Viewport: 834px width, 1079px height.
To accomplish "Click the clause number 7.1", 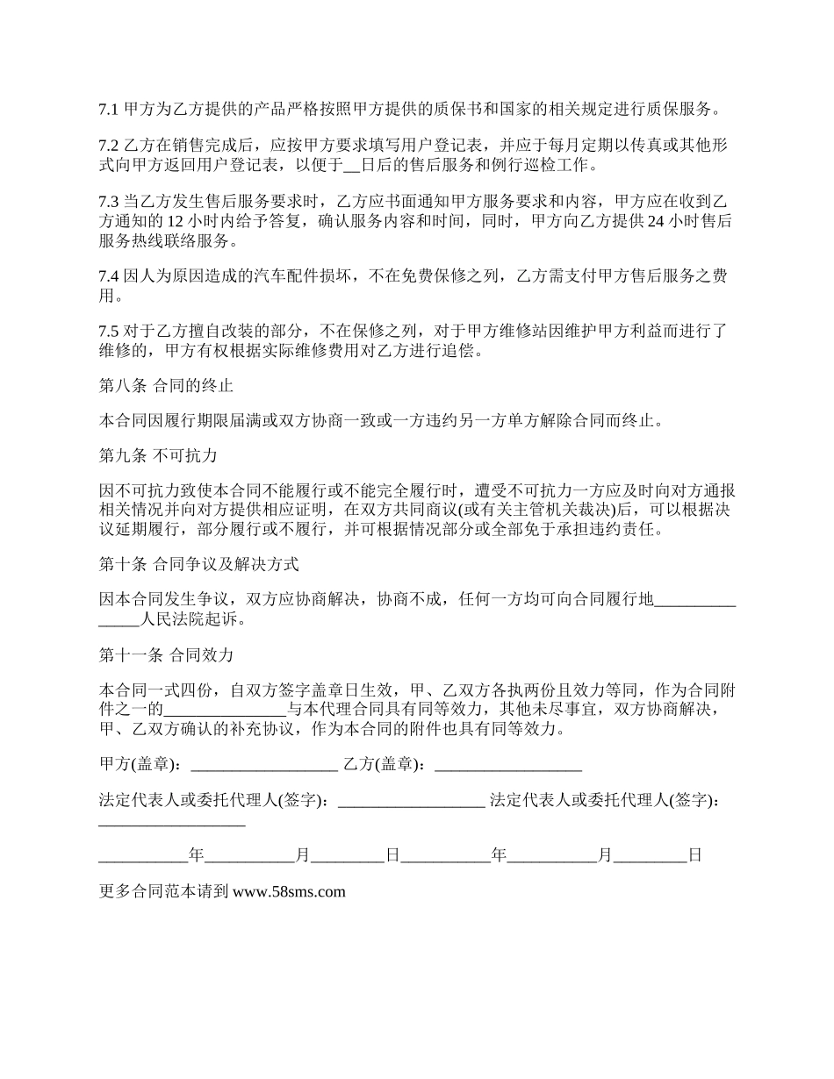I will coord(108,111).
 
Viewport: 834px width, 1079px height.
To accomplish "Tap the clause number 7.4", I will coord(108,276).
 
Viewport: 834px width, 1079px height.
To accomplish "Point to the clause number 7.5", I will coord(108,331).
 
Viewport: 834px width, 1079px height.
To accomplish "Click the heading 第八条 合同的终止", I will coord(166,385).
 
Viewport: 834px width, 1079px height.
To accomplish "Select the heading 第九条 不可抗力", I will coord(158,456).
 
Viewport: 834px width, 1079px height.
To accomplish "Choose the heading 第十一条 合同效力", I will coord(166,654).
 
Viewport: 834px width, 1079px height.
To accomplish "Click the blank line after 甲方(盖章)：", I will coord(263,765).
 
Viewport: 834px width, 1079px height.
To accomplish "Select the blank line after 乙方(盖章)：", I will coord(508,765).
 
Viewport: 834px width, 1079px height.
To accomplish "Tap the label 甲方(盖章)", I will coord(139,764).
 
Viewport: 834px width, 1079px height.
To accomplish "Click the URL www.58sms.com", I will coord(290,892).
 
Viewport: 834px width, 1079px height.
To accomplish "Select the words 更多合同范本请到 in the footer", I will coord(164,892).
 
